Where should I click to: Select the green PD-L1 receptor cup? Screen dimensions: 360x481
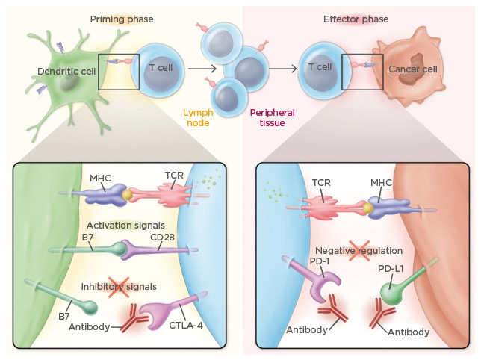pos(391,289)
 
